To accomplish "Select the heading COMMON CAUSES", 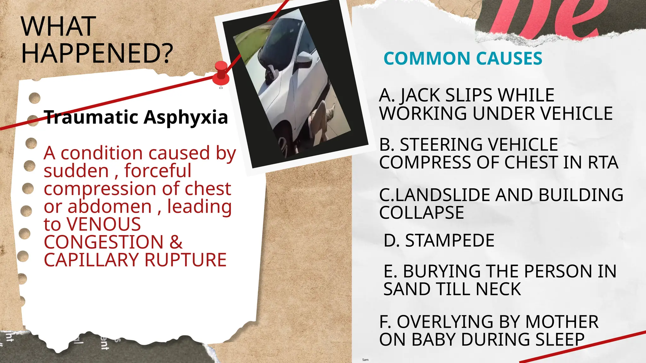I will [x=463, y=59].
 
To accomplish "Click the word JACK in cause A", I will [x=419, y=95].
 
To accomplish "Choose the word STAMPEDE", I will [x=449, y=241].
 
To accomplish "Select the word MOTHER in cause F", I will [x=561, y=322].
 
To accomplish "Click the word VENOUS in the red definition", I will [x=104, y=224].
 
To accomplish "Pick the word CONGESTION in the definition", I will [x=103, y=242].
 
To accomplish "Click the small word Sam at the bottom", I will [x=365, y=360].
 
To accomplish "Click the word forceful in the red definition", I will [x=158, y=171].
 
